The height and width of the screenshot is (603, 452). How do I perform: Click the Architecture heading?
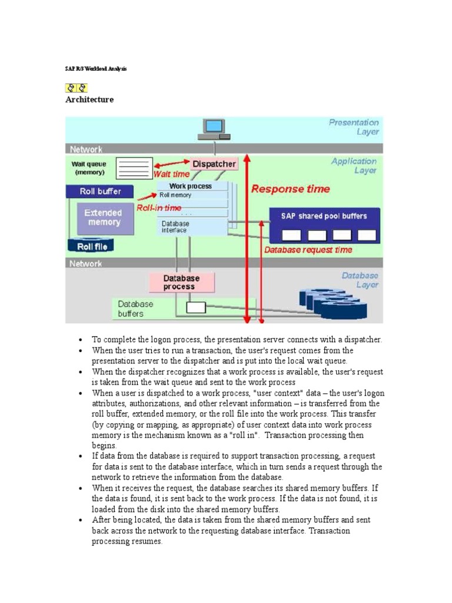point(89,100)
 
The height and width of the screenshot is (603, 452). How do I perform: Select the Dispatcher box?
point(214,164)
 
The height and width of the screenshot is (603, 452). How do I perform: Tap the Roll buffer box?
point(101,191)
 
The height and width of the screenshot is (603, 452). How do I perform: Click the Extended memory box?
point(103,218)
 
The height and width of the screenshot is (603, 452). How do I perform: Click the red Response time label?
point(291,189)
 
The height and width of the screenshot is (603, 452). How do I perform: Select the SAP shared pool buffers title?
point(324,216)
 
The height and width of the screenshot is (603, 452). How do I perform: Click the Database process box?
point(181,282)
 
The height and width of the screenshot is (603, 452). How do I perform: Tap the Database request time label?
point(308,250)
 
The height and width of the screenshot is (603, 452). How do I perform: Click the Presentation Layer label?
point(354,127)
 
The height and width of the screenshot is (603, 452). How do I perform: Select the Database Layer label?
point(360,280)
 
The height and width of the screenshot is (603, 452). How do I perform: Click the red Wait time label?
point(171,174)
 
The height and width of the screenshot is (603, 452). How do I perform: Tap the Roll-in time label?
point(159,208)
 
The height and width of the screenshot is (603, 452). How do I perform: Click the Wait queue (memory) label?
point(89,168)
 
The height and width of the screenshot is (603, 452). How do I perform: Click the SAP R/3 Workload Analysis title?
point(95,69)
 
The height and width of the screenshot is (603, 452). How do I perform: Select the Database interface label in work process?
point(175,227)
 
